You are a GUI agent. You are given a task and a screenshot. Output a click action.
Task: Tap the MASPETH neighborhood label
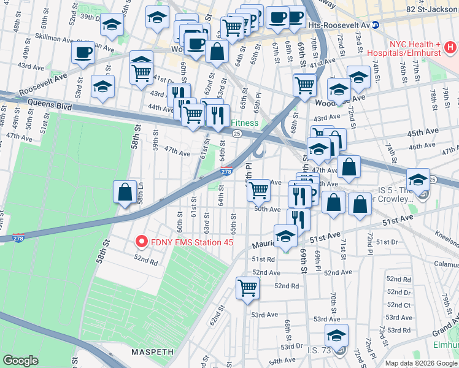pyautogui.click(x=149, y=352)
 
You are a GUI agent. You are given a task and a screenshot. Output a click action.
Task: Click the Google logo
pyautogui.click(x=21, y=360)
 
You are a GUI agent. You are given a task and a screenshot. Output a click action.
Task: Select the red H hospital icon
pyautogui.click(x=450, y=47)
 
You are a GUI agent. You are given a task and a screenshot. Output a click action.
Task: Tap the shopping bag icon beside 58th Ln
pyautogui.click(x=125, y=191)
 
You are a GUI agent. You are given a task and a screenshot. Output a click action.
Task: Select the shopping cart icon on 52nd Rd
pyautogui.click(x=247, y=286)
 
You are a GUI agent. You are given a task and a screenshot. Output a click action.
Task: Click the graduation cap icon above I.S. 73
pyautogui.click(x=336, y=334)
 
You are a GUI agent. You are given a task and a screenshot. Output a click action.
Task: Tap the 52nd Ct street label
pyautogui.click(x=398, y=305)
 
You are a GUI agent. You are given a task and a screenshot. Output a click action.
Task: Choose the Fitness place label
pyautogui.click(x=246, y=123)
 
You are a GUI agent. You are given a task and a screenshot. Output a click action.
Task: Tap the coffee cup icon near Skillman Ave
pyautogui.click(x=83, y=52)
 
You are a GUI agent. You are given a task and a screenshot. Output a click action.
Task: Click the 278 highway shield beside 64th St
pyautogui.click(x=226, y=174)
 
